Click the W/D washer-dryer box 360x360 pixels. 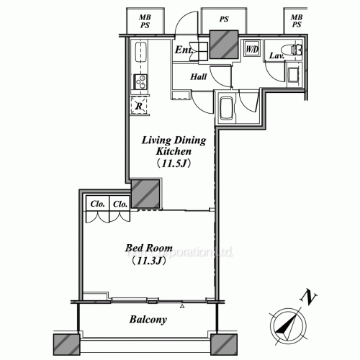coord(252,49)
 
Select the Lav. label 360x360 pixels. coord(276,55)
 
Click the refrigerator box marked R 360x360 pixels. coord(139,106)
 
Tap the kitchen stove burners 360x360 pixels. coord(139,82)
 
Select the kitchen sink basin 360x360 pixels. coord(140,53)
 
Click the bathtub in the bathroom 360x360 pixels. coord(225,108)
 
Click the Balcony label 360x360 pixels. coord(149,320)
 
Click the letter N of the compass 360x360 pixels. coord(309,297)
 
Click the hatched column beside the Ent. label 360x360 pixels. coord(220,46)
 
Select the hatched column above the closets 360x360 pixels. coord(145,193)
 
